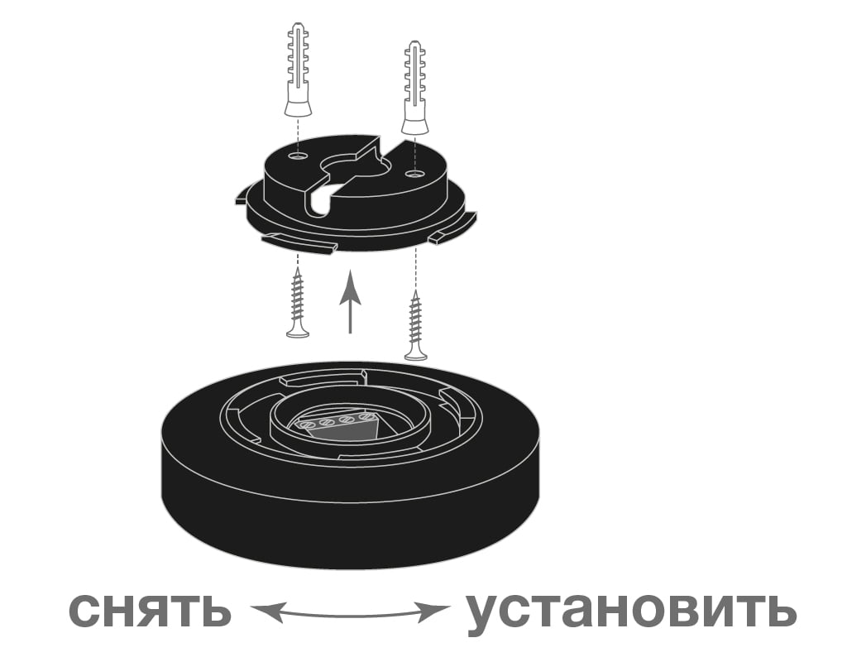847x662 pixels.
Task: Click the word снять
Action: (x=151, y=609)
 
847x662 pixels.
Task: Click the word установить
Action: (x=631, y=612)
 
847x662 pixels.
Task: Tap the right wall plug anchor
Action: (x=415, y=87)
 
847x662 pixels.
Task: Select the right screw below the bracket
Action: (x=416, y=325)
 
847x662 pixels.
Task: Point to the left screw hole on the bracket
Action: (x=297, y=156)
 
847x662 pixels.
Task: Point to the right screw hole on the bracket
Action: (x=414, y=174)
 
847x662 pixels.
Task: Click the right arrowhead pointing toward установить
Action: (x=433, y=610)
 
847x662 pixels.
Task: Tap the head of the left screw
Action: (x=298, y=332)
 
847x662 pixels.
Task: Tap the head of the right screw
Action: (x=416, y=354)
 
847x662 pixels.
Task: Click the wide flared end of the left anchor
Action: (x=298, y=106)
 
